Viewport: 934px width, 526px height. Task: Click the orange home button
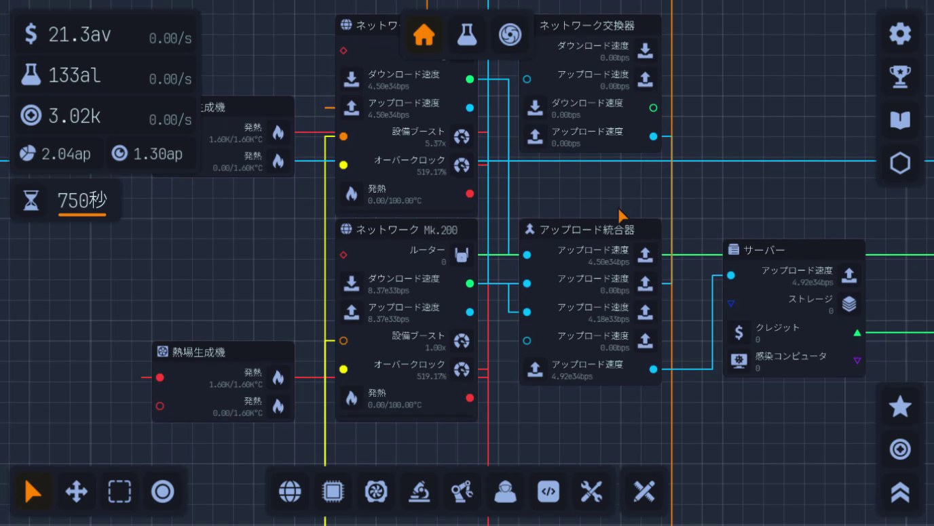[424, 35]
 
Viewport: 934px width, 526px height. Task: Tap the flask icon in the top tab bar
[467, 35]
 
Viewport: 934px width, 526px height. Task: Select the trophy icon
[900, 77]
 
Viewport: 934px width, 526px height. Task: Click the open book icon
[900, 121]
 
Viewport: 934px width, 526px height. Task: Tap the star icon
[900, 407]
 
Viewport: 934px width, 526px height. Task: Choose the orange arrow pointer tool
[33, 491]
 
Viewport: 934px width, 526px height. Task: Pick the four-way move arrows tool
[76, 491]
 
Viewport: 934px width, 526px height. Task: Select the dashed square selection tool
[119, 491]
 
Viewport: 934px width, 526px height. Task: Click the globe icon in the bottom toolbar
[290, 491]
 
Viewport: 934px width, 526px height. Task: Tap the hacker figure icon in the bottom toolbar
[506, 491]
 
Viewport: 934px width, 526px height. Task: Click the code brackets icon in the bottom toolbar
[548, 491]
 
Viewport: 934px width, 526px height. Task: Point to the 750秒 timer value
[81, 201]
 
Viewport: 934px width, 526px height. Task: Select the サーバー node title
[764, 250]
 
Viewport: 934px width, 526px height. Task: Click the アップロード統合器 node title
[586, 230]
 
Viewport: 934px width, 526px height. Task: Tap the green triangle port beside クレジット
[857, 333]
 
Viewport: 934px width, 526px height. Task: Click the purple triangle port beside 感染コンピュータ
[857, 361]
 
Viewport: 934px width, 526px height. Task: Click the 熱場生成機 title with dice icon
[198, 352]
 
